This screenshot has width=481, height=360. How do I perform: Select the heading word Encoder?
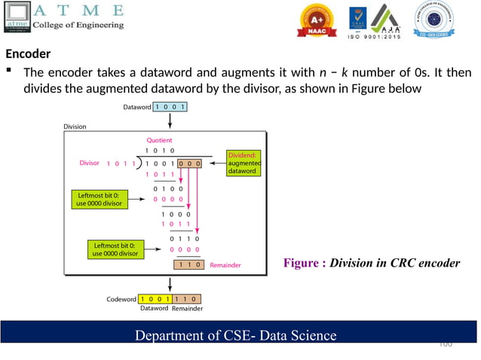click(28, 54)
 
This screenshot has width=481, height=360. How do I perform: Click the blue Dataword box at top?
click(170, 107)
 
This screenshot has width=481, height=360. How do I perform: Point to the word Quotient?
click(159, 140)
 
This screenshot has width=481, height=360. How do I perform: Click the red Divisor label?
click(89, 163)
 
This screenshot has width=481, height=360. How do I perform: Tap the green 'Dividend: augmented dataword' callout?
click(244, 163)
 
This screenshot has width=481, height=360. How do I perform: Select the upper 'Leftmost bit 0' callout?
click(96, 199)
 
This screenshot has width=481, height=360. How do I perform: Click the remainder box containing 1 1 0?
click(189, 265)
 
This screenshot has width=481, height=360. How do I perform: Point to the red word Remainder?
click(225, 265)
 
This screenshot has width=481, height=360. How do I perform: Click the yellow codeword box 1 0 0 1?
click(155, 299)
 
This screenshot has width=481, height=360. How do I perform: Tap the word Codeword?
click(121, 299)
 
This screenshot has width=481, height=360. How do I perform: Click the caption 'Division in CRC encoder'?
click(372, 263)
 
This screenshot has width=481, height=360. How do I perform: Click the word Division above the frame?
click(75, 127)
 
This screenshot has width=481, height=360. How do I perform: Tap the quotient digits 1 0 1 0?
click(160, 151)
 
